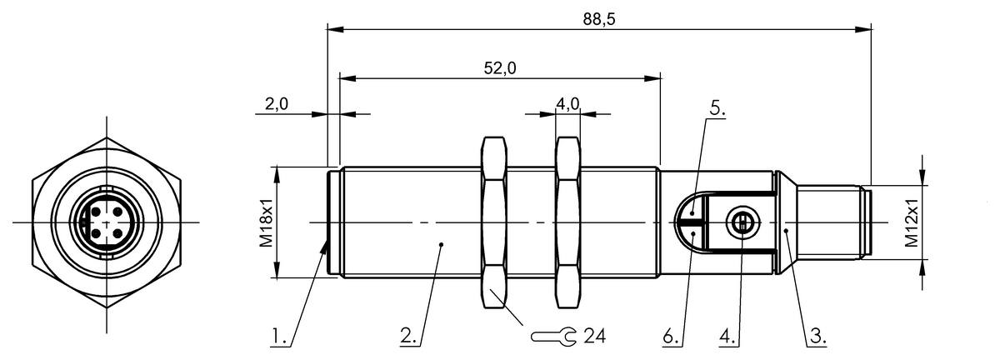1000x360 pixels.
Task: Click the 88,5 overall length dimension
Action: [x=598, y=18]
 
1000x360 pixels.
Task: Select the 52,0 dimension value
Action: [x=500, y=68]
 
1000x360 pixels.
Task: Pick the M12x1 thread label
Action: [x=911, y=222]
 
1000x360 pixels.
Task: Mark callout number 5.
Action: [x=717, y=109]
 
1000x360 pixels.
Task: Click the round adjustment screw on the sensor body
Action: [x=741, y=222]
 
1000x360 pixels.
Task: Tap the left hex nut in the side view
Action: [x=495, y=222]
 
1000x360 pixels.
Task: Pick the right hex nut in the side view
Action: [x=568, y=222]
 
